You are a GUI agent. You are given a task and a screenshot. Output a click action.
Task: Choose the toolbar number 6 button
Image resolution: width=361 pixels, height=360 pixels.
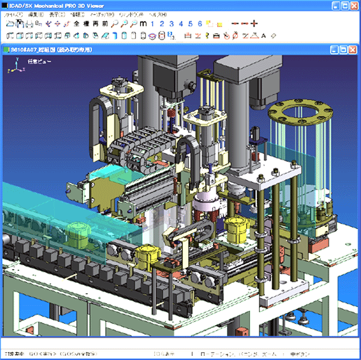[x=200, y=24]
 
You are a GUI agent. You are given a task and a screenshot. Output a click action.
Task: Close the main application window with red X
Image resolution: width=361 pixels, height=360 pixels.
[x=353, y=5]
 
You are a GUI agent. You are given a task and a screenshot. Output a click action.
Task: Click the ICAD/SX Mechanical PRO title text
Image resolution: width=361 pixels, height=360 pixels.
[x=54, y=5]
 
